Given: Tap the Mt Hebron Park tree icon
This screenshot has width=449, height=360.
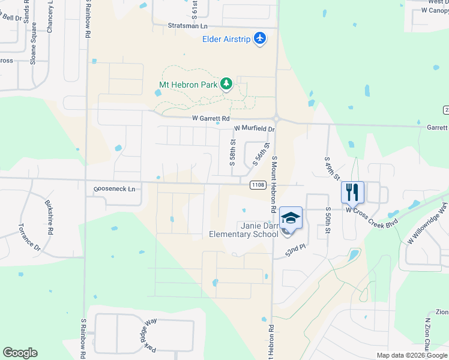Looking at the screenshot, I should (226, 85).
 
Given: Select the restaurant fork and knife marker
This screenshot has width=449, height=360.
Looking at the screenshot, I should (352, 192).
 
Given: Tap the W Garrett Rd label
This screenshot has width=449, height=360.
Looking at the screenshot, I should (211, 119).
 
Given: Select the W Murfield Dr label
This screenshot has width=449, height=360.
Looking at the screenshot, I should (254, 128).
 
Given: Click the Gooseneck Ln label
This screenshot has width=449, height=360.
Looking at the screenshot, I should (115, 189).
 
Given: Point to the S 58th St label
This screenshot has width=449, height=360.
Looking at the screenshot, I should (232, 153).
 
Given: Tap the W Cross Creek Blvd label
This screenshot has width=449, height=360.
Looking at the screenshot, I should (372, 210).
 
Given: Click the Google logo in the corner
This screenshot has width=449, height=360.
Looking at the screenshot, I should (20, 353).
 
